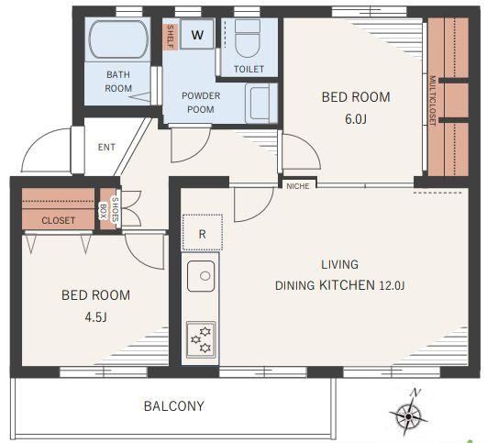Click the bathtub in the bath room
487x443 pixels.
[x=118, y=39]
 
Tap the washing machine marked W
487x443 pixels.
[x=197, y=34]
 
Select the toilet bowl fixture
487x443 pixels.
[x=248, y=39]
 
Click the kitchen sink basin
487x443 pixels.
[x=201, y=276]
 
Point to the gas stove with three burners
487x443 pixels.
[x=201, y=340]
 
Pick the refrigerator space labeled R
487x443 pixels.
[x=202, y=232]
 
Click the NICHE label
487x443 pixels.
[x=298, y=186]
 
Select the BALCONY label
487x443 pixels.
[x=174, y=406]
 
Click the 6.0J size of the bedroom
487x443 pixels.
[x=356, y=119]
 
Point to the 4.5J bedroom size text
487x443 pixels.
[x=95, y=317]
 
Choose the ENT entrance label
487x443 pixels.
[x=106, y=147]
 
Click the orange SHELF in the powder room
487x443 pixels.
[x=171, y=37]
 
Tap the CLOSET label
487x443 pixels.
[x=59, y=220]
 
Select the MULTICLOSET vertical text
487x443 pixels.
[x=432, y=100]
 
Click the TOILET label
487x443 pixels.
[x=249, y=69]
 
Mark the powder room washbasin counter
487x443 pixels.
[x=261, y=103]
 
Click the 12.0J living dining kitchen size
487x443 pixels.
[x=392, y=285]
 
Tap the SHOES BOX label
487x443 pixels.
[x=109, y=209]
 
